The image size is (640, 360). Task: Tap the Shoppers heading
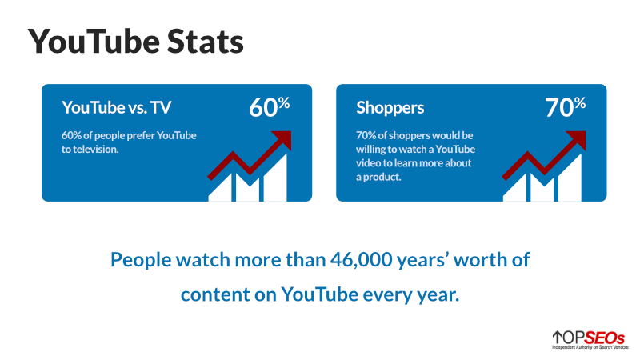[x=390, y=107]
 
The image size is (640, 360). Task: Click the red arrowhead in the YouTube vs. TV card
[x=282, y=140]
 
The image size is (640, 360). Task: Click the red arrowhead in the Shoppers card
[x=576, y=140]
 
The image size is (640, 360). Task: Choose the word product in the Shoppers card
[x=386, y=177]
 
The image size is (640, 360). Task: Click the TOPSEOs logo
[x=587, y=340]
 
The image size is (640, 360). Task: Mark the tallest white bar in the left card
[x=276, y=178]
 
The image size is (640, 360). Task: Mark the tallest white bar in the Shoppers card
[x=570, y=178]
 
